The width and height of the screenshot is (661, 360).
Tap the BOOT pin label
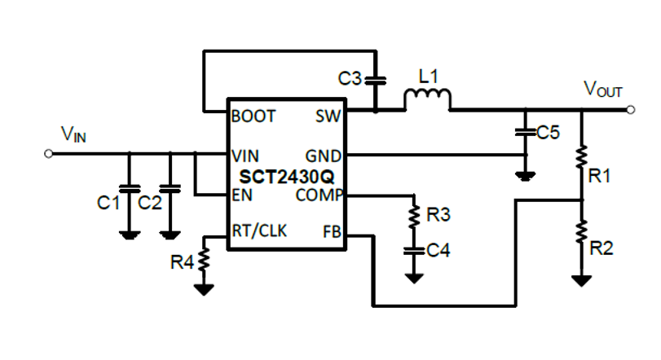coord(253,116)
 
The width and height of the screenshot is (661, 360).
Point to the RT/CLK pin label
coord(260,231)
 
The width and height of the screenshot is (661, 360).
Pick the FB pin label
coord(333,231)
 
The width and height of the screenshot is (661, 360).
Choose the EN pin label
coord(242,195)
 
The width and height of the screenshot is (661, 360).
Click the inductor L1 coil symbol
coord(428,99)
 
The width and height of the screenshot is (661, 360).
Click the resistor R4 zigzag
coord(204,261)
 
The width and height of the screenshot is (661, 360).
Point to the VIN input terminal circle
coord(49,154)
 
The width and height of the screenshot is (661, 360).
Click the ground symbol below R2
coord(582,279)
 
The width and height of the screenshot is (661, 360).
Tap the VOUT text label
coord(602,89)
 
